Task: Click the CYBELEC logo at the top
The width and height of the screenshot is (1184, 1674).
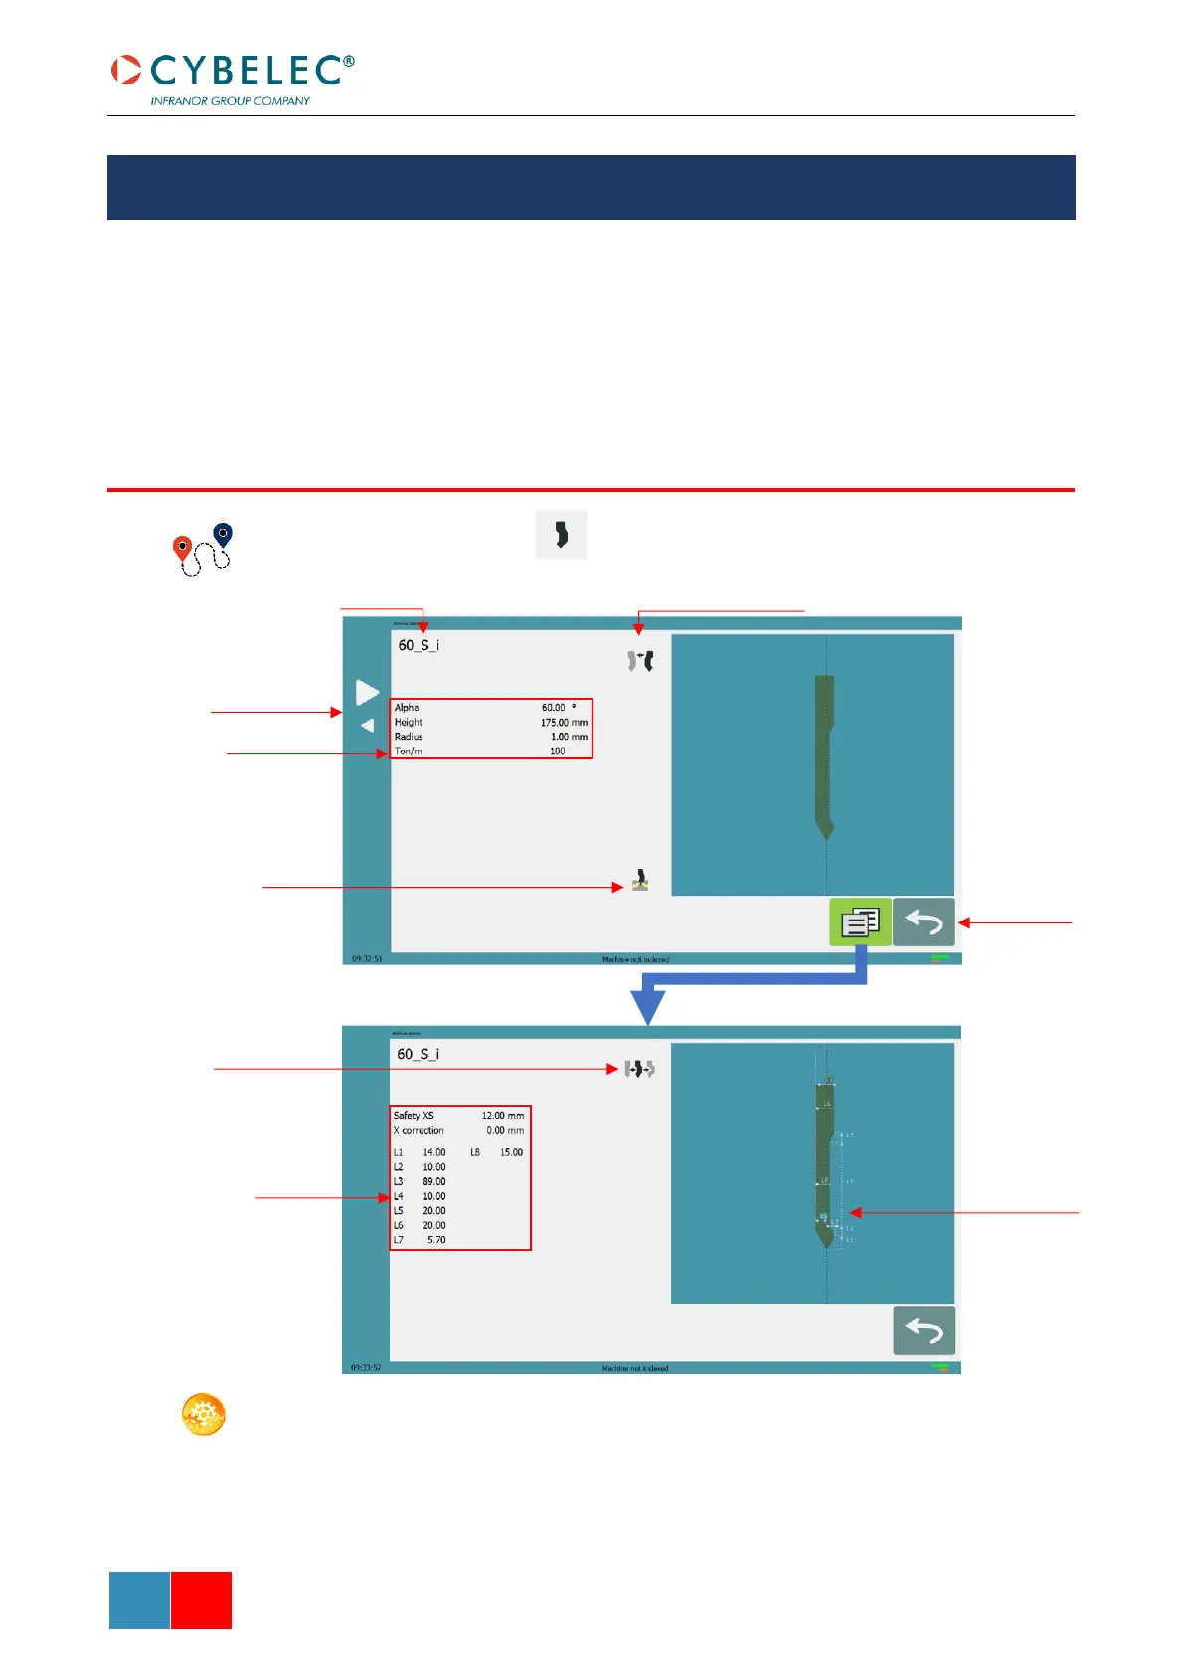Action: [x=233, y=71]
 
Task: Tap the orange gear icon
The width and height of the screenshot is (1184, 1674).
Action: [x=203, y=1414]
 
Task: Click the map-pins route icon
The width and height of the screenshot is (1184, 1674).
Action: [x=203, y=549]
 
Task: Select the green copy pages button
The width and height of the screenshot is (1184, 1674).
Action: [x=860, y=921]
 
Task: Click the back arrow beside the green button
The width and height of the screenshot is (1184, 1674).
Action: [x=924, y=921]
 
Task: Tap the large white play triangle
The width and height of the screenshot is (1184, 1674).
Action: [x=367, y=692]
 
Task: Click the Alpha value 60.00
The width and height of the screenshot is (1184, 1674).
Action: [x=554, y=708]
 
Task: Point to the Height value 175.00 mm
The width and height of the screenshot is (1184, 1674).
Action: [x=563, y=723]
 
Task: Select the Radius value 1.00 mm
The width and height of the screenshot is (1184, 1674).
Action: [x=568, y=737]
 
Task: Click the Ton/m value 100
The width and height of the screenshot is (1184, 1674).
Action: [x=557, y=752]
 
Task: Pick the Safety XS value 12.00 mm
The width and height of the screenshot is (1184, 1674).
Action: [x=502, y=1116]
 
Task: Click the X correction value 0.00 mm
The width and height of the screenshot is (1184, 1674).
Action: [x=504, y=1131]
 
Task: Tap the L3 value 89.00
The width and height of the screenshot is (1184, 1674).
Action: [x=433, y=1182]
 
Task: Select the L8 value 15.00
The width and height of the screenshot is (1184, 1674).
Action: [x=511, y=1153]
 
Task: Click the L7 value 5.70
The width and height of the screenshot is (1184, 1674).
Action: [x=436, y=1240]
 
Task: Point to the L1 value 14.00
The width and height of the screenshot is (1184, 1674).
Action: [x=433, y=1153]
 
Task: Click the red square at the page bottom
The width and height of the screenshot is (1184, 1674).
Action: [x=201, y=1599]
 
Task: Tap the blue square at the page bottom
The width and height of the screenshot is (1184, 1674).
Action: [x=139, y=1599]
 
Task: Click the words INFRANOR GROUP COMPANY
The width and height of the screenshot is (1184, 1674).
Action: [x=230, y=101]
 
